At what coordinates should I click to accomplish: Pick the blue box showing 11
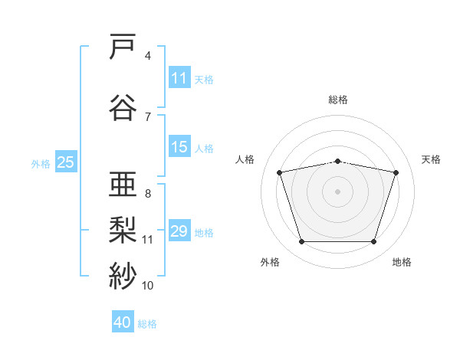tap(179, 78)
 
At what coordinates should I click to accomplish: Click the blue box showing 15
tap(179, 148)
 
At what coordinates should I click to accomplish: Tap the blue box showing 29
tap(179, 231)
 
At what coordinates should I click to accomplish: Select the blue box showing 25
tap(66, 162)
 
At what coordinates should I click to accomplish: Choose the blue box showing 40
tap(123, 322)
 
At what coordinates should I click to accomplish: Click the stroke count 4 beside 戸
tap(148, 56)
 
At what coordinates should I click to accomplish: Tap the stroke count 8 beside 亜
tap(148, 193)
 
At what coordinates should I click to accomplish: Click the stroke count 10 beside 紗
tap(148, 286)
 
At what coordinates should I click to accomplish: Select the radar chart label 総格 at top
tap(338, 100)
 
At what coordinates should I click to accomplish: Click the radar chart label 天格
tap(431, 159)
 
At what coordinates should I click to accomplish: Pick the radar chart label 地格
tap(402, 263)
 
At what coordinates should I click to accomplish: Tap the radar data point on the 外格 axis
tap(301, 242)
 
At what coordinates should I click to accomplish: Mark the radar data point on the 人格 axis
tap(279, 172)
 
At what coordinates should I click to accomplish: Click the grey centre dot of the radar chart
tap(338, 191)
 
